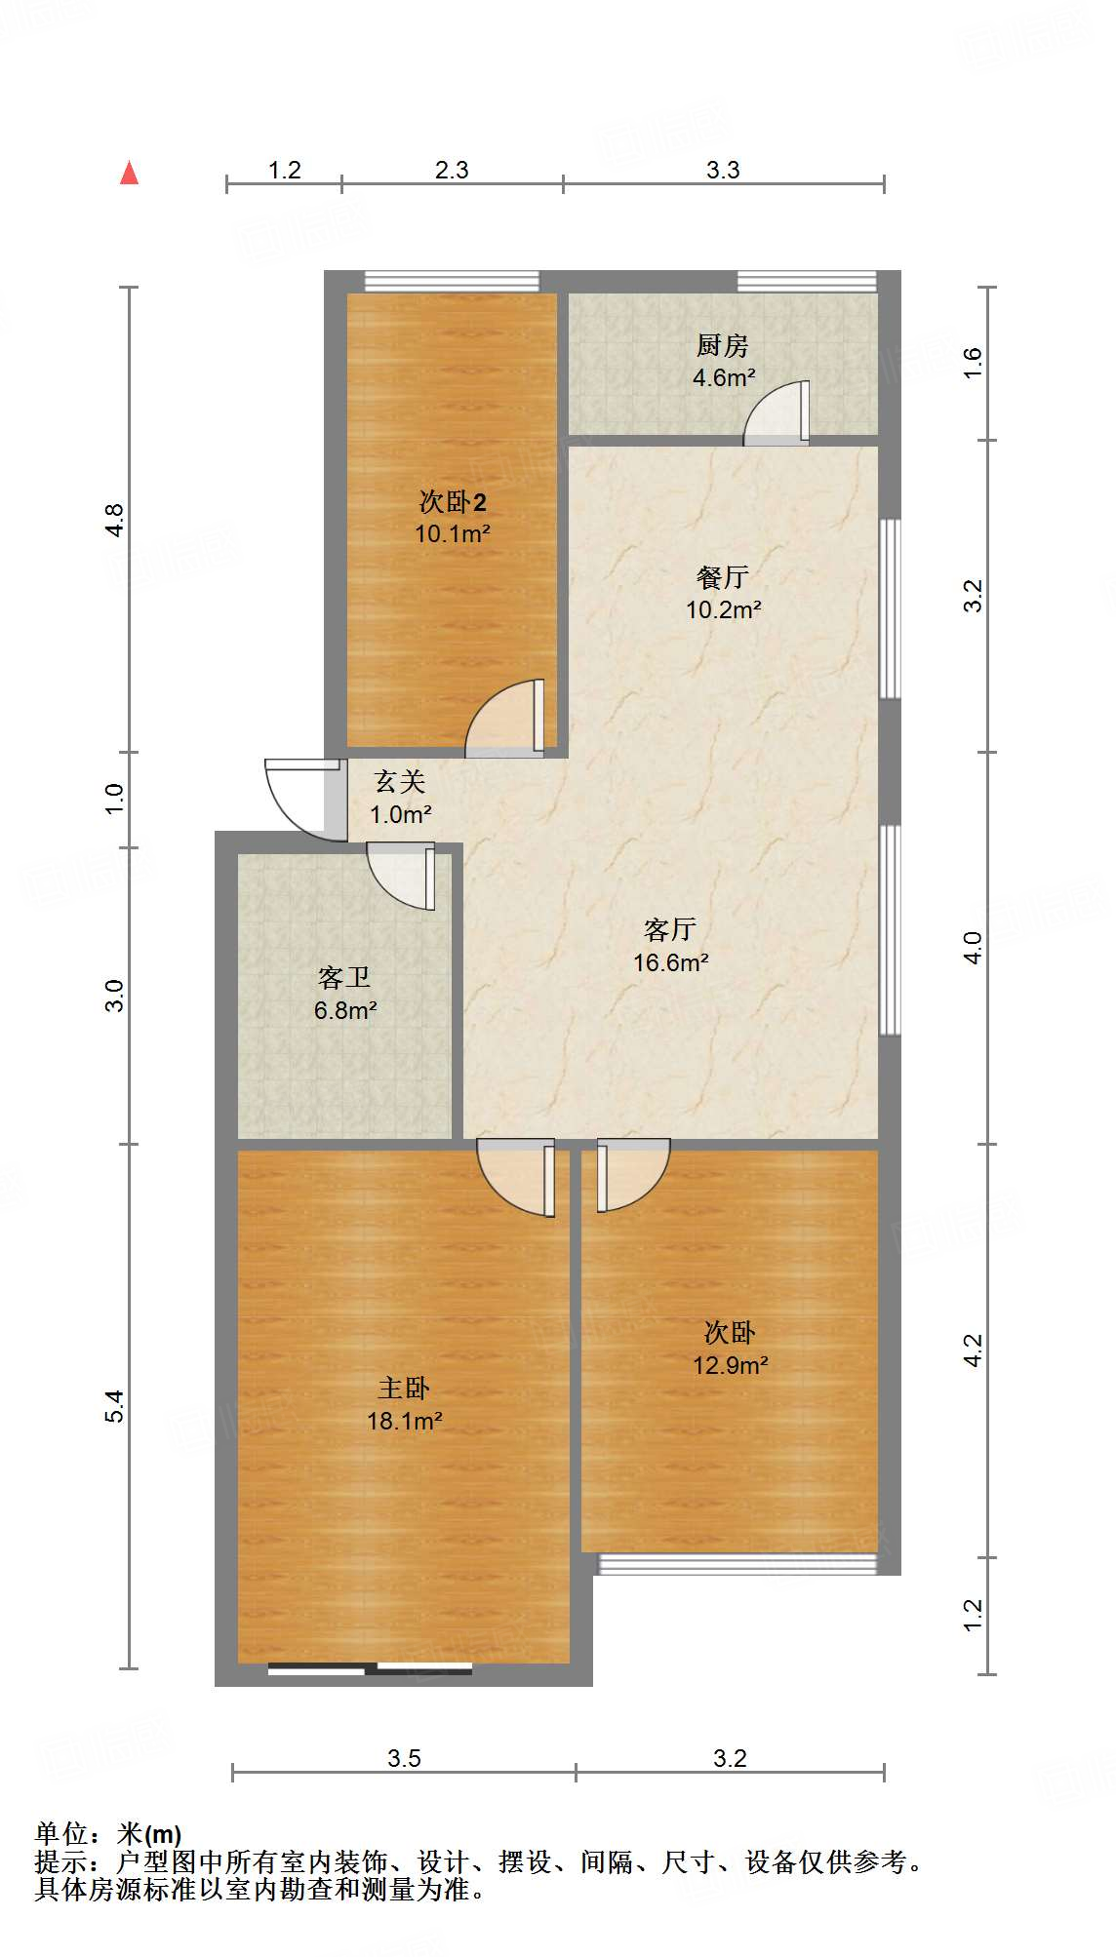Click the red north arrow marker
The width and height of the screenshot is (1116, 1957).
(x=129, y=173)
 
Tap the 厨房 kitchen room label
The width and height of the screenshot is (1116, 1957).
(x=722, y=345)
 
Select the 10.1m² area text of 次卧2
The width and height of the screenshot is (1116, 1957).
(x=452, y=534)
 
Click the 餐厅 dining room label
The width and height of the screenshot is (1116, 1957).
(x=722, y=577)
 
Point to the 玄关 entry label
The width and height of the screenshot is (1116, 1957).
(x=400, y=781)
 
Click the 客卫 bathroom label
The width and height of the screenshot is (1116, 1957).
(x=344, y=977)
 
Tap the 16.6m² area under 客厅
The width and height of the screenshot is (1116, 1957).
(x=670, y=962)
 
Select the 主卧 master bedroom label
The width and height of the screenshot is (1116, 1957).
(x=404, y=1388)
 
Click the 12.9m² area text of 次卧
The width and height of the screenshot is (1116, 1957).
(x=730, y=1365)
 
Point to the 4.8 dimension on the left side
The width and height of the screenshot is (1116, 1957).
(x=115, y=520)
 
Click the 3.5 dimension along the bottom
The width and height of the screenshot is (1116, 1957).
(x=404, y=1758)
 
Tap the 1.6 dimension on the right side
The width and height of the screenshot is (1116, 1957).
(x=973, y=363)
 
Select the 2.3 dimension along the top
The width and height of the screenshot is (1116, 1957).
(x=452, y=170)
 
